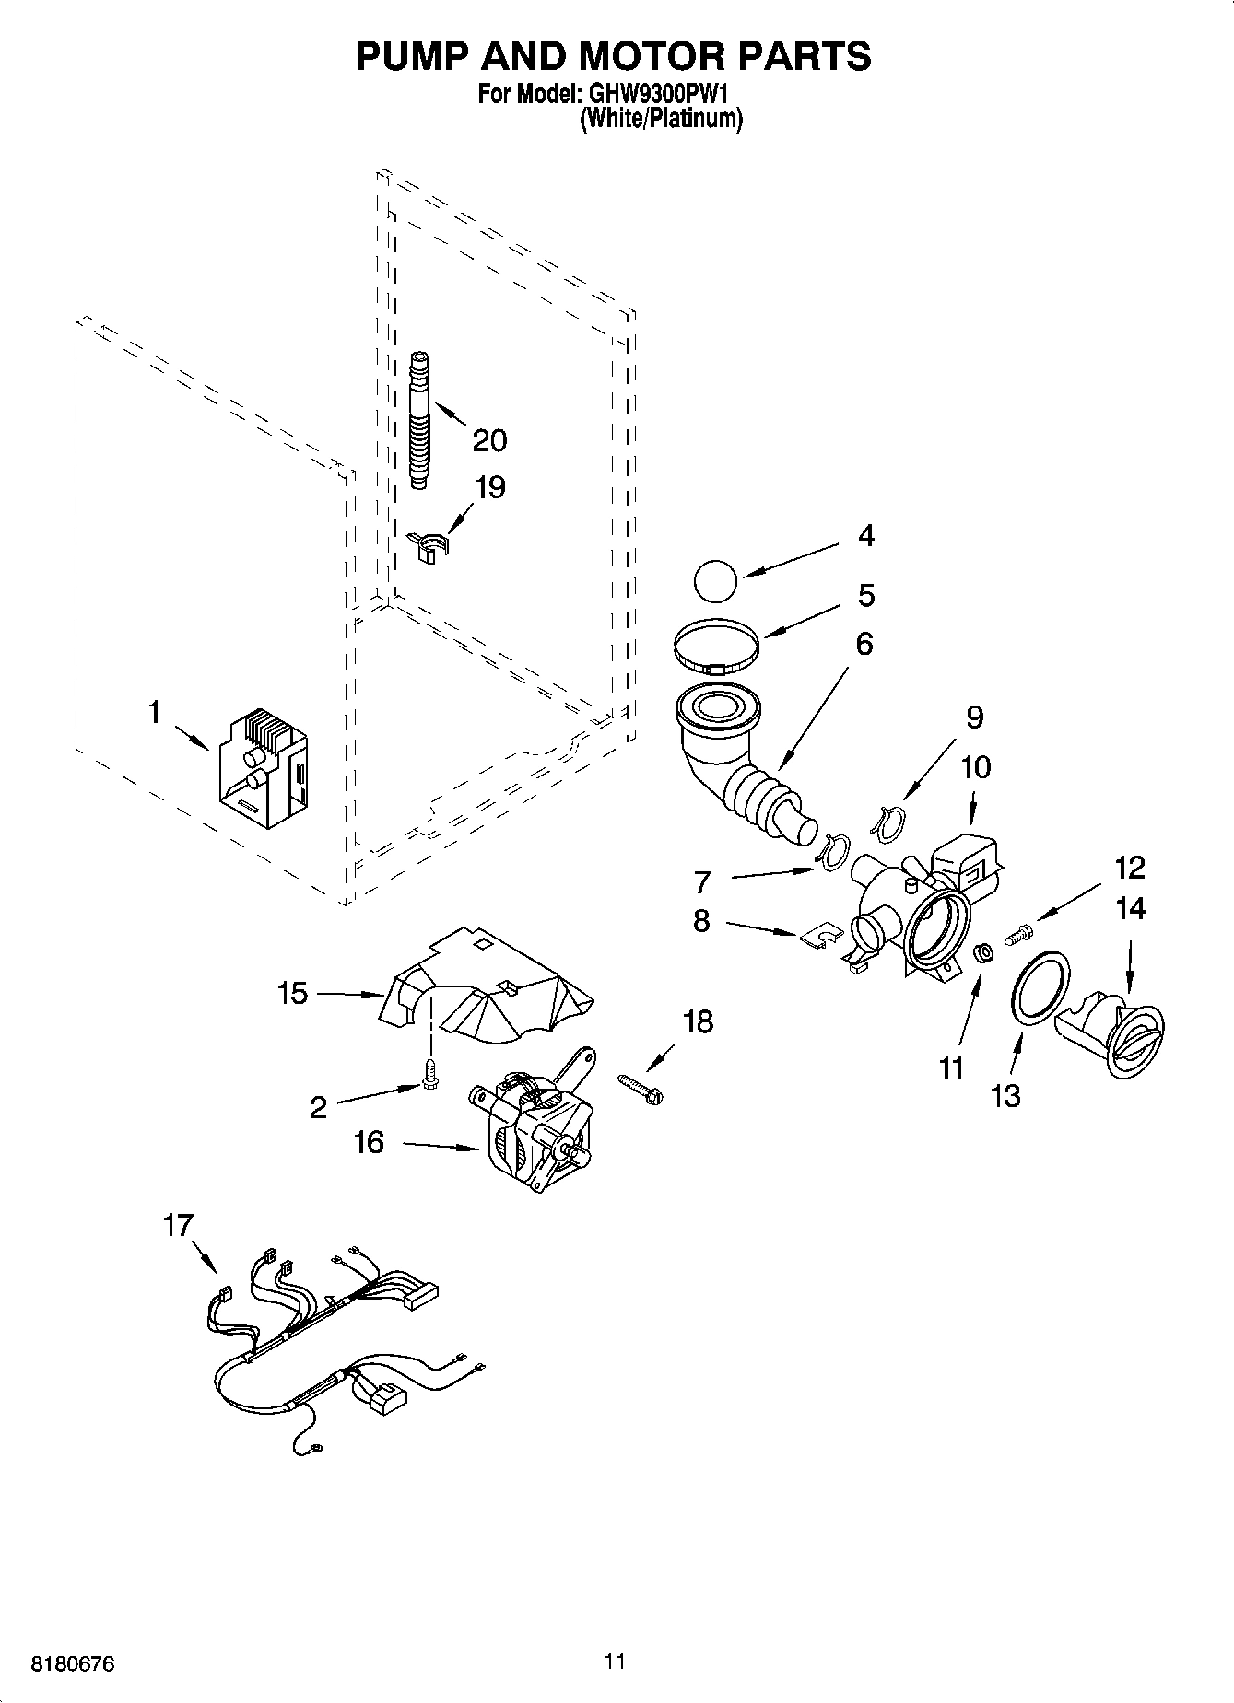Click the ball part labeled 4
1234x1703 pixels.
click(715, 584)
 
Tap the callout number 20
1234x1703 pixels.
click(489, 441)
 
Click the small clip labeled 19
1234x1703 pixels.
click(427, 546)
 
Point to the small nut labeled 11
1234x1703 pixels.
click(983, 953)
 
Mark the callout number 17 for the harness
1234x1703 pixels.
click(178, 1226)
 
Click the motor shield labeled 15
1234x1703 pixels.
click(484, 993)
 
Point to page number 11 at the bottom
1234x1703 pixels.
click(616, 1662)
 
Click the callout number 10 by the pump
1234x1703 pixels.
click(975, 766)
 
